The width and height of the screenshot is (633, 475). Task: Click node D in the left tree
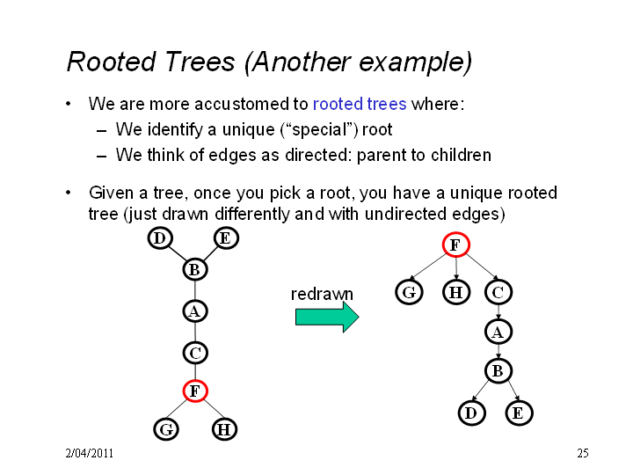point(160,238)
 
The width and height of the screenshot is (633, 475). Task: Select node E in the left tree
point(226,238)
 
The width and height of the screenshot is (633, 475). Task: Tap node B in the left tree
point(195,269)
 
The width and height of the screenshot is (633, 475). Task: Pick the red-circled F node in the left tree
point(195,391)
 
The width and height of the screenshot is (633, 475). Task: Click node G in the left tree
point(166,429)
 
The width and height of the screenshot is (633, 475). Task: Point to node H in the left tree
point(224,429)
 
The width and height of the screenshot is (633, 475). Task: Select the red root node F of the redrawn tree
point(455,245)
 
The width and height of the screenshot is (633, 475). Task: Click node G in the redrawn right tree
point(409,292)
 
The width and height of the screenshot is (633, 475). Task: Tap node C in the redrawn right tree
point(498,292)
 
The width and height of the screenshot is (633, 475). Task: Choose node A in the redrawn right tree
point(498,332)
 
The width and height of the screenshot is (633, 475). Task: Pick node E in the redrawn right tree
point(519,413)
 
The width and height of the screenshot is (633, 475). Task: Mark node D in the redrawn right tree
point(471,413)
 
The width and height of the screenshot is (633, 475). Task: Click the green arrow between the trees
point(327,317)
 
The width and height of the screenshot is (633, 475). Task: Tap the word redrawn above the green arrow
point(322,294)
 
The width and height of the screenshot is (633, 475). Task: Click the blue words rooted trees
point(360,104)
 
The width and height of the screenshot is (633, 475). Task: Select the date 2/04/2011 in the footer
point(89,453)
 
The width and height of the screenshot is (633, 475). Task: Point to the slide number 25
point(583,453)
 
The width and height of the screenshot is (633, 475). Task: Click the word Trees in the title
point(200,62)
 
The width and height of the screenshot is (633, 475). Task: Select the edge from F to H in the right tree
point(456,268)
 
